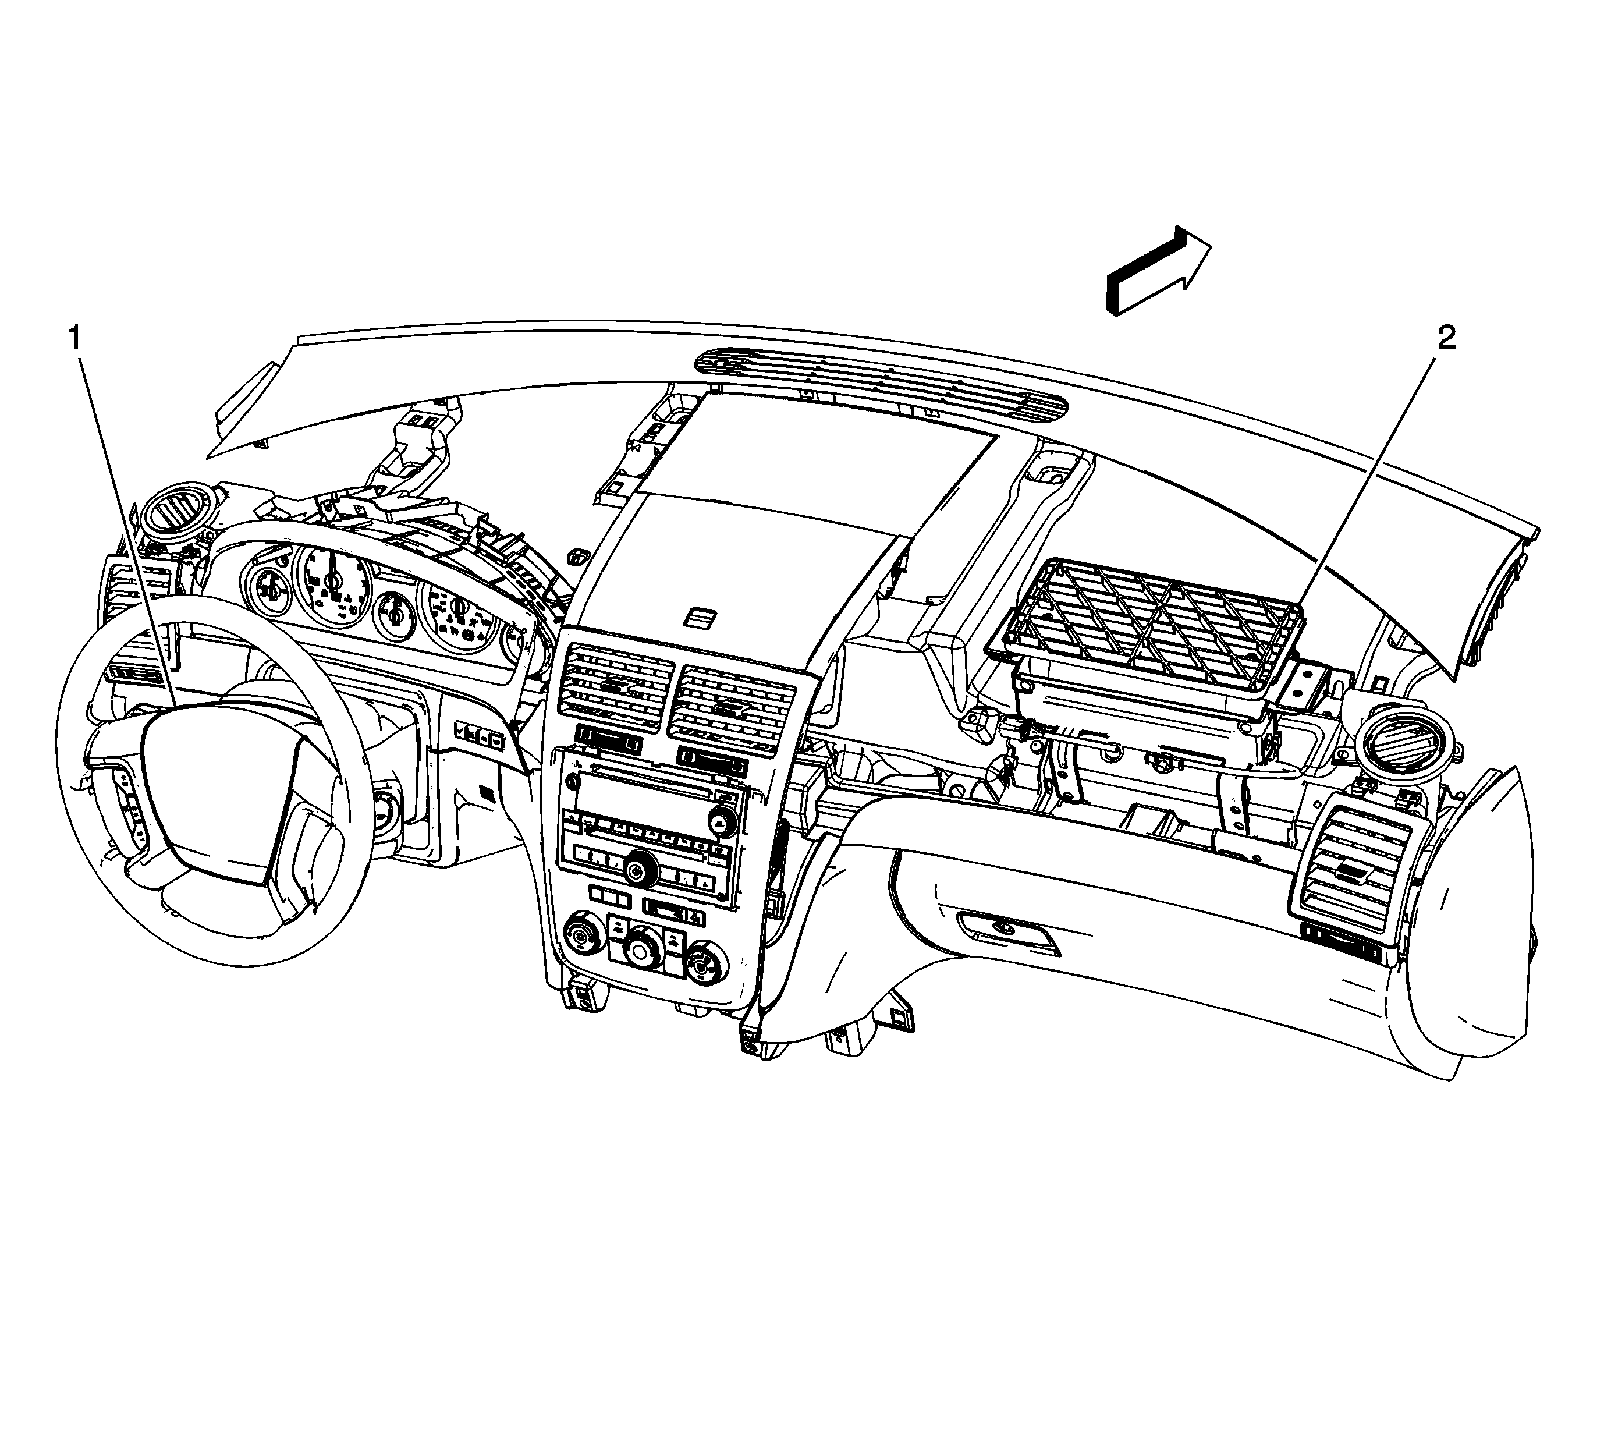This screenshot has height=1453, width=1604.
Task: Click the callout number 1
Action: pyautogui.click(x=74, y=339)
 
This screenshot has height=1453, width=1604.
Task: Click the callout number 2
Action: pyautogui.click(x=1446, y=338)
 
